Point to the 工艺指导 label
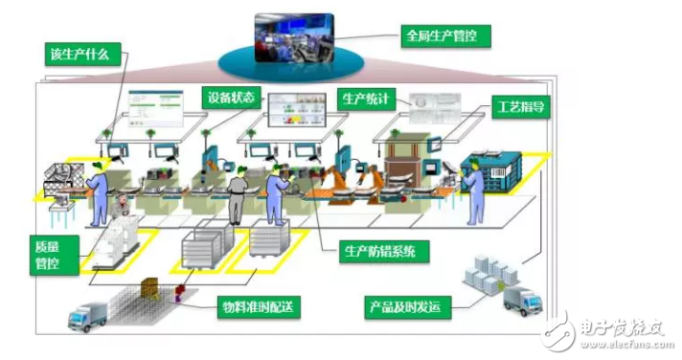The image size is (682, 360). [x=519, y=105]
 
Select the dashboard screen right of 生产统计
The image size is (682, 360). [x=437, y=107]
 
